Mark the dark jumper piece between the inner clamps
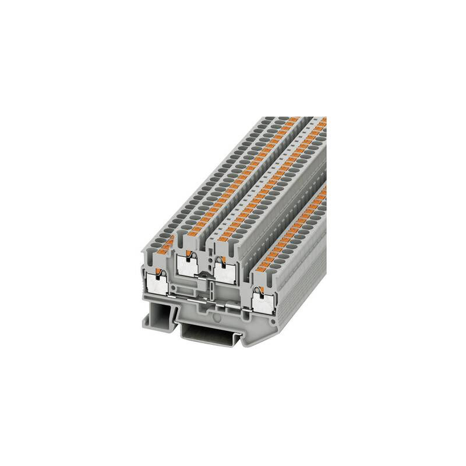tap(205, 274)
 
